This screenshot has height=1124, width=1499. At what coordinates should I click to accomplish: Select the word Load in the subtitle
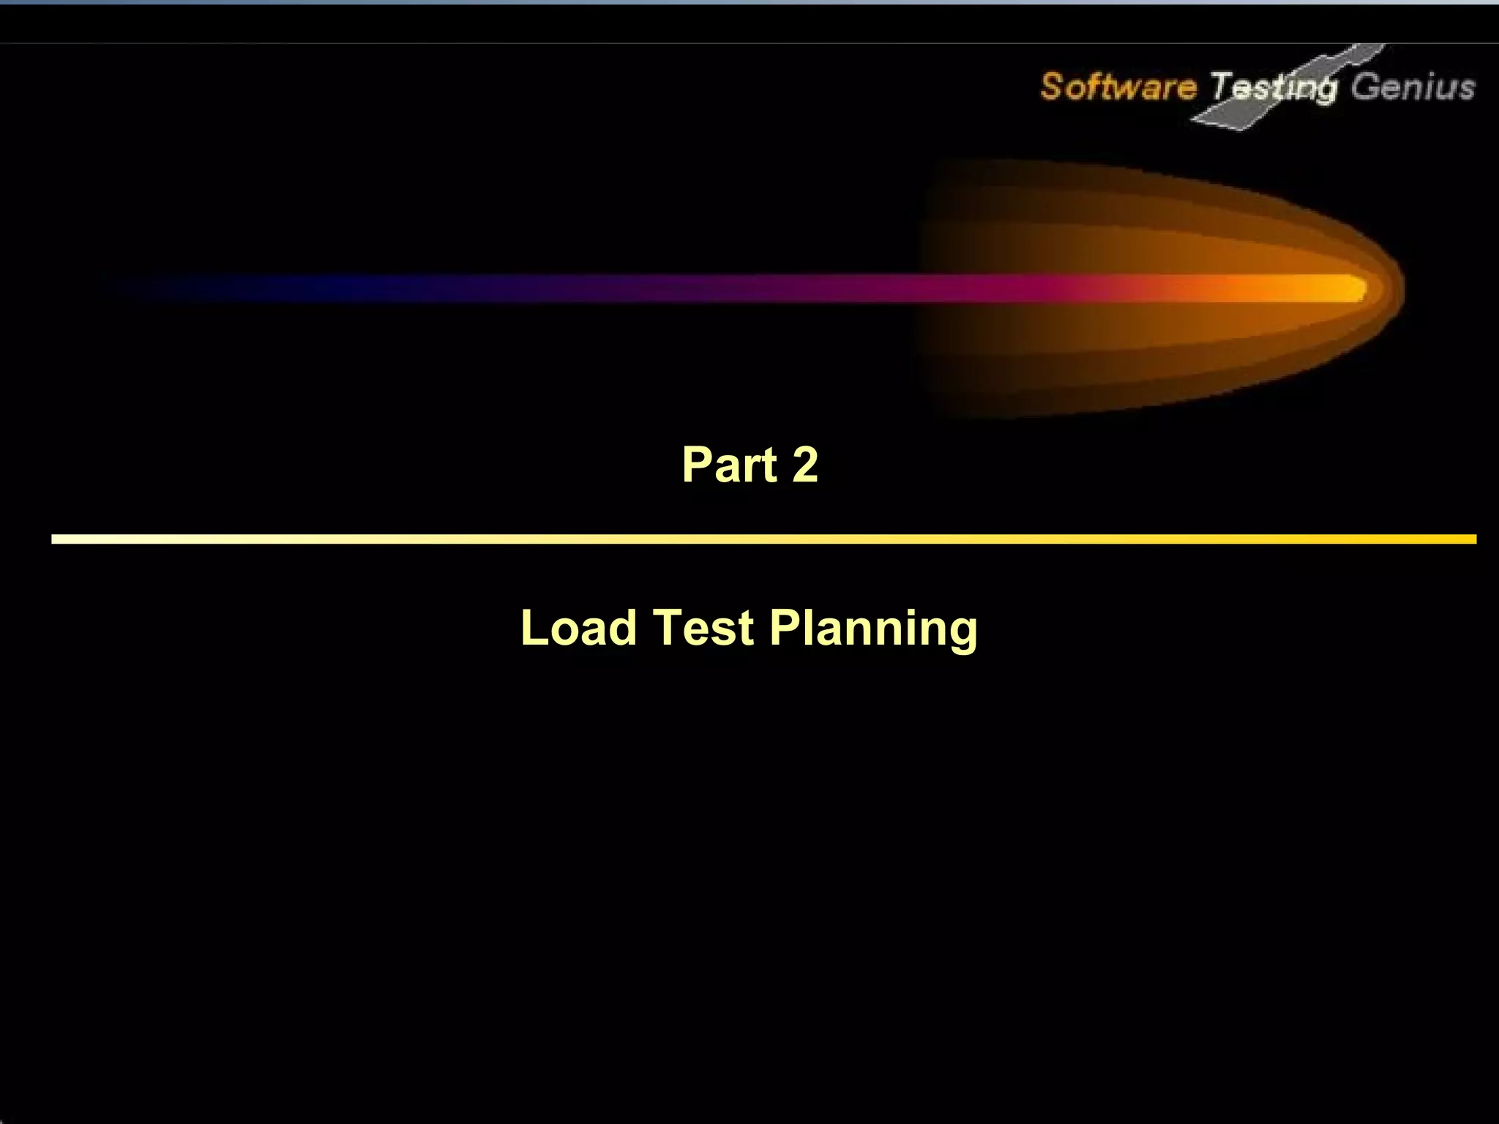[x=578, y=628]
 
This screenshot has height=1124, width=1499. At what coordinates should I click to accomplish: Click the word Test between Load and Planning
[x=703, y=628]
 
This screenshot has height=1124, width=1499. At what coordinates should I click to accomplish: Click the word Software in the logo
[x=1118, y=86]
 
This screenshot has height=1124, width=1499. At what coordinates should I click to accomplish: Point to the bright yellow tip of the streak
[x=1350, y=288]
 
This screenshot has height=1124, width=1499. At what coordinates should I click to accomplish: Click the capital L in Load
[x=534, y=628]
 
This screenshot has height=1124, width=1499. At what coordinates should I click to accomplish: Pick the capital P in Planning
[x=785, y=628]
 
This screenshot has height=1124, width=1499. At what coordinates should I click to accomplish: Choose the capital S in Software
[x=1051, y=86]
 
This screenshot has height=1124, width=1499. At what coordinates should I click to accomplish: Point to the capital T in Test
[x=666, y=628]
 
